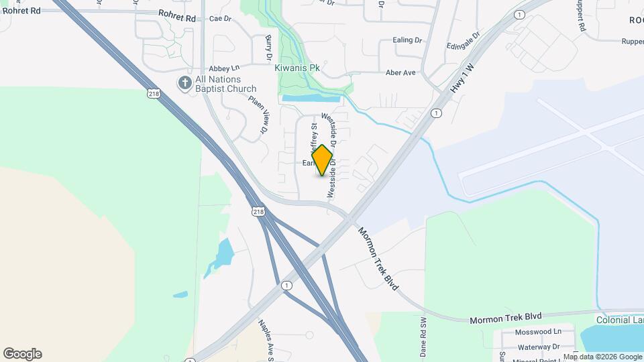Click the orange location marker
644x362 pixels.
323,160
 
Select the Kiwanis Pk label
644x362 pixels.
297,68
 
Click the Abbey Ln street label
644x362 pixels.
224,68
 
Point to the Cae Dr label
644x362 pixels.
220,19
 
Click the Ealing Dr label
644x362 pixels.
407,40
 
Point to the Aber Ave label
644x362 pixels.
400,72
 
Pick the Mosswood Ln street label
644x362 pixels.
539,332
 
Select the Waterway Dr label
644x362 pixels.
538,347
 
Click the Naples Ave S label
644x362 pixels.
265,339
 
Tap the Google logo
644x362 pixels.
22,354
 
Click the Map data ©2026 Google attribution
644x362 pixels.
602,357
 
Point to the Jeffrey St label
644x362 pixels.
313,138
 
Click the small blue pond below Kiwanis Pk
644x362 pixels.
311,98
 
